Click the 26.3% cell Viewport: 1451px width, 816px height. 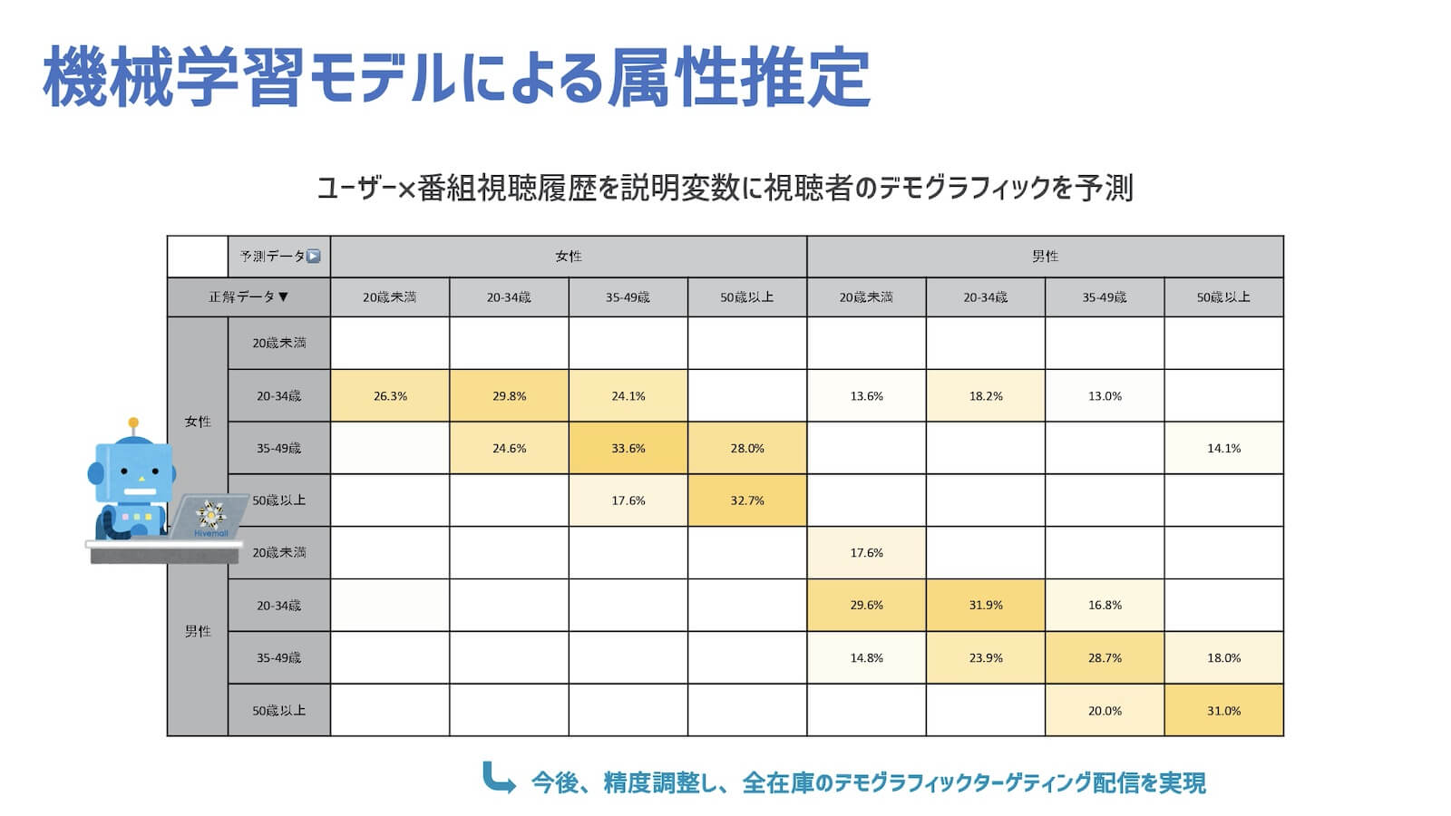click(x=390, y=396)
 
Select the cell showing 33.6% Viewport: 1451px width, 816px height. click(x=628, y=448)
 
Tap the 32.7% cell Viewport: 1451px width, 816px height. click(x=747, y=500)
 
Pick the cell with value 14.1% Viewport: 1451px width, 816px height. click(x=1223, y=448)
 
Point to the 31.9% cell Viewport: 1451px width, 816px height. click(x=985, y=605)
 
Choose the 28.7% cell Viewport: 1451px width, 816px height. click(x=1105, y=657)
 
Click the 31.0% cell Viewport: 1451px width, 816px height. click(x=1223, y=711)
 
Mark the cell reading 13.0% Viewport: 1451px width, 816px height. click(x=1105, y=396)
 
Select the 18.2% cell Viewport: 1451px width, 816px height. click(x=985, y=396)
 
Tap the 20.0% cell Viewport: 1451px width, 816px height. click(x=1105, y=711)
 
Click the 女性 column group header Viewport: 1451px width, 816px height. click(x=569, y=257)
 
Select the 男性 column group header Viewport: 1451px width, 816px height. click(x=1045, y=257)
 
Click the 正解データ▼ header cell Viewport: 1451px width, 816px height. click(x=248, y=296)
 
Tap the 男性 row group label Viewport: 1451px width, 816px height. click(x=198, y=631)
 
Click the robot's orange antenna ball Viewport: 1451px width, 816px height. click(x=133, y=423)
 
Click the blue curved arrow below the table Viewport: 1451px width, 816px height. click(x=498, y=778)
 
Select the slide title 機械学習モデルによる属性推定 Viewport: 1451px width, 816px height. click(x=456, y=78)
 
